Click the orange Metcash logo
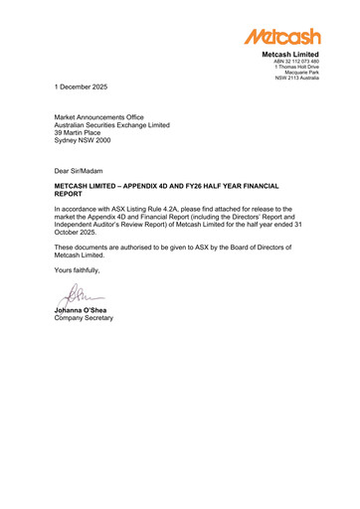click(x=282, y=37)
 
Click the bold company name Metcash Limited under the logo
click(x=291, y=54)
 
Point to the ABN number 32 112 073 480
click(x=296, y=61)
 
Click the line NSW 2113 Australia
click(x=297, y=79)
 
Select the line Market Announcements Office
click(x=98, y=117)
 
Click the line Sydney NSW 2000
click(x=83, y=141)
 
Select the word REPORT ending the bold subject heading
click(x=71, y=195)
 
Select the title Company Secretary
click(x=84, y=318)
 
